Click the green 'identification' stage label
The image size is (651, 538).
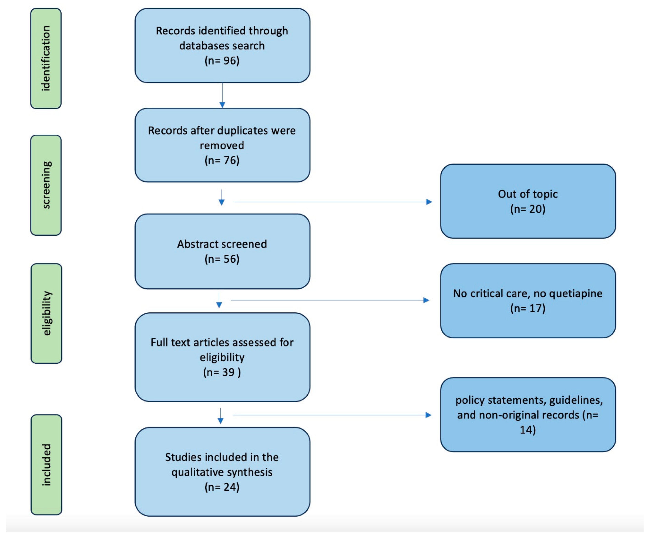46,58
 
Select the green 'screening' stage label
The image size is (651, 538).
46,185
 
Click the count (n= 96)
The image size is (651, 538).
222,60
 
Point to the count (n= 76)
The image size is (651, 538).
222,160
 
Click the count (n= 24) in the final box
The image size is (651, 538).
222,487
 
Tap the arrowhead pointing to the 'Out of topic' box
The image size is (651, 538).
429,202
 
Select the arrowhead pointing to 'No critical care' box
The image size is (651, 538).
426,300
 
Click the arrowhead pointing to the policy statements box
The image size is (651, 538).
429,415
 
